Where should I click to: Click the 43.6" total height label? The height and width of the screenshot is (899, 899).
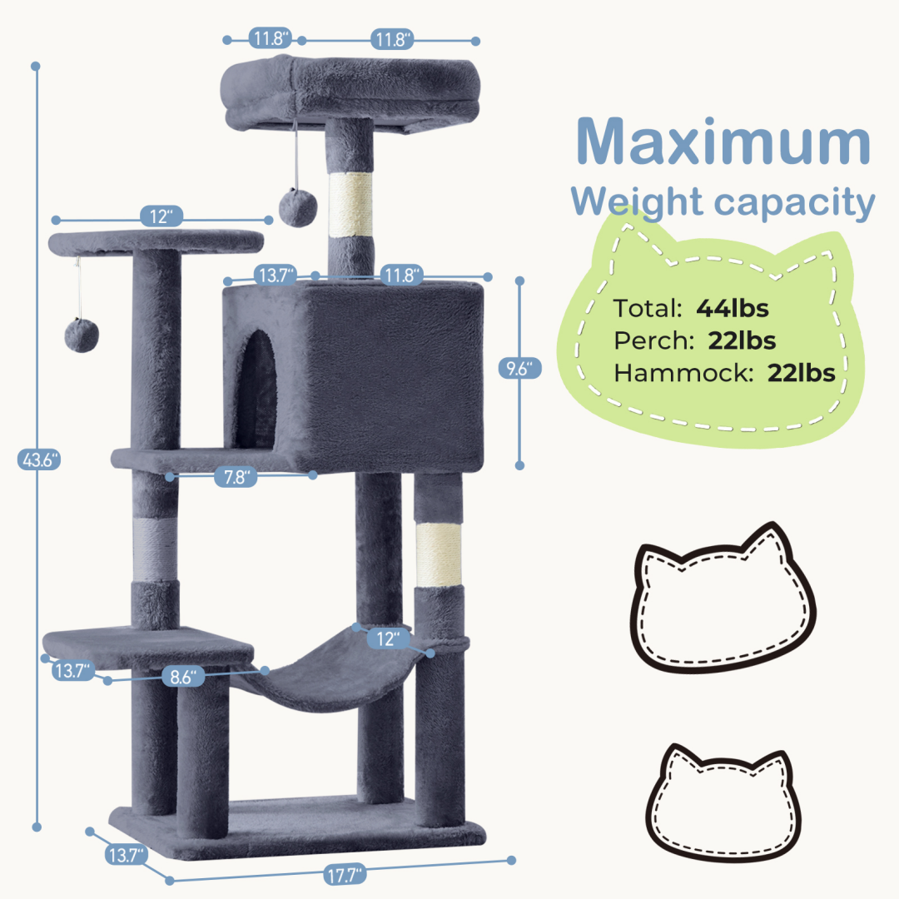(39, 459)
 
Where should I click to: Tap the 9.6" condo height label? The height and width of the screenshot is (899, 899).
(520, 368)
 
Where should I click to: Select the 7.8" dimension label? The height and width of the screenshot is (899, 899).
(236, 476)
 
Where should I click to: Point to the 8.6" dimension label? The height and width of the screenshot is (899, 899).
(183, 677)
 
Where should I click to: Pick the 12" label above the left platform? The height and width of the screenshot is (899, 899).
(161, 216)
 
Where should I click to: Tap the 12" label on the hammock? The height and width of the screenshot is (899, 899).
(389, 638)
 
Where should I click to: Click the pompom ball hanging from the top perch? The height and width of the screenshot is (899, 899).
(297, 207)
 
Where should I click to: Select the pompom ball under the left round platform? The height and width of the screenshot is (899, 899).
(82, 335)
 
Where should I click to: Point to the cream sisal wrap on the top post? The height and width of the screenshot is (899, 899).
(350, 204)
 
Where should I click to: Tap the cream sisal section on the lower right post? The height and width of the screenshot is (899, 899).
(439, 554)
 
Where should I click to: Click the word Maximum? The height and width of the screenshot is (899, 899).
(723, 141)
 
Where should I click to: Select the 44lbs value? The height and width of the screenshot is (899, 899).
(733, 309)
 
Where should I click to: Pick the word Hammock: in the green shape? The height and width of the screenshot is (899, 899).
(683, 373)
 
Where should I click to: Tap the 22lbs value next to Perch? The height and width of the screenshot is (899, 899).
(742, 340)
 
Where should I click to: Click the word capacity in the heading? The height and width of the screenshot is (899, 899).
(794, 204)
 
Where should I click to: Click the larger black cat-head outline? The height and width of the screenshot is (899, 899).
(723, 598)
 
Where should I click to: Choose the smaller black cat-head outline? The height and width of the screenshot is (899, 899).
(723, 802)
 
